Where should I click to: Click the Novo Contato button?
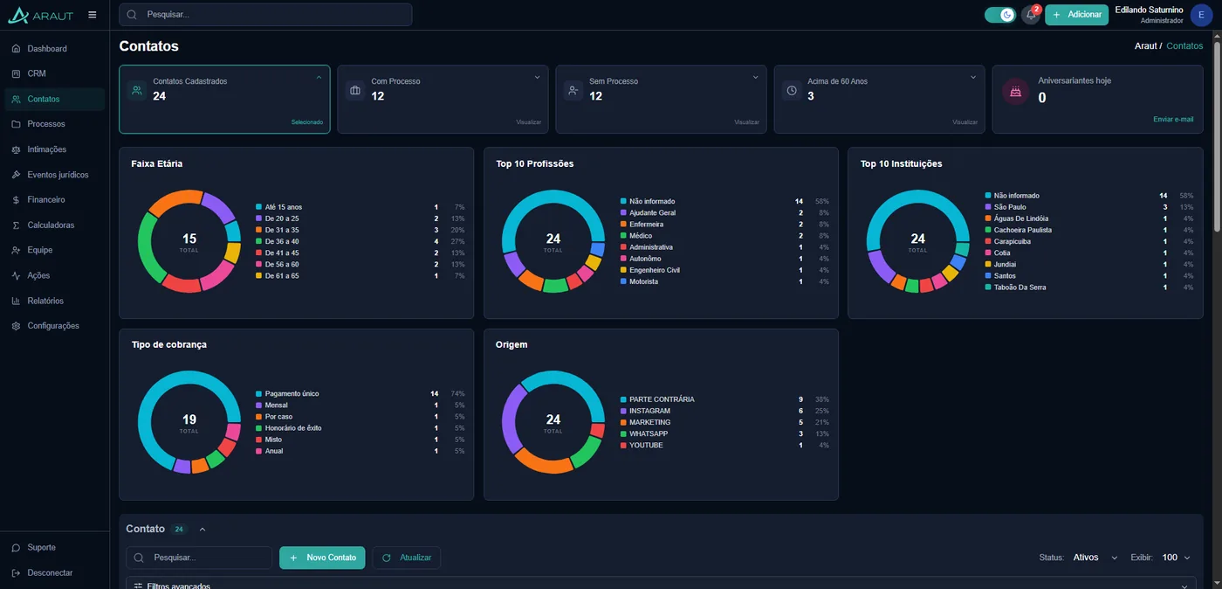click(322, 558)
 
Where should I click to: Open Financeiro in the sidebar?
click(45, 199)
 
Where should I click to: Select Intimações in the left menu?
click(46, 149)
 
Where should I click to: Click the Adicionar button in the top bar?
click(1076, 15)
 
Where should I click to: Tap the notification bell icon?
click(1031, 15)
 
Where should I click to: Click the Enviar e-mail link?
click(1173, 119)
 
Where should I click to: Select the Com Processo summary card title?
click(395, 81)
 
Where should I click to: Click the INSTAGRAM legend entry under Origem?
click(649, 411)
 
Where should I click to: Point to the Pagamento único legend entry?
click(292, 393)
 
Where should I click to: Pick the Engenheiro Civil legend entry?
click(654, 270)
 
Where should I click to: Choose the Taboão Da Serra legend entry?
click(1019, 288)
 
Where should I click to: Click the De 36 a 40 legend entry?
click(281, 241)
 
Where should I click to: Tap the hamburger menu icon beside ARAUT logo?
click(93, 15)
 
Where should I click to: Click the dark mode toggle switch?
click(1000, 15)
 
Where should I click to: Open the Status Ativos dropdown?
click(1095, 558)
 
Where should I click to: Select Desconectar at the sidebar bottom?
click(50, 572)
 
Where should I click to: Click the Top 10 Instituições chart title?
click(901, 163)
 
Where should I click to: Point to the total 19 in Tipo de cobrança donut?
click(189, 419)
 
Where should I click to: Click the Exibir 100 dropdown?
click(1176, 558)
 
